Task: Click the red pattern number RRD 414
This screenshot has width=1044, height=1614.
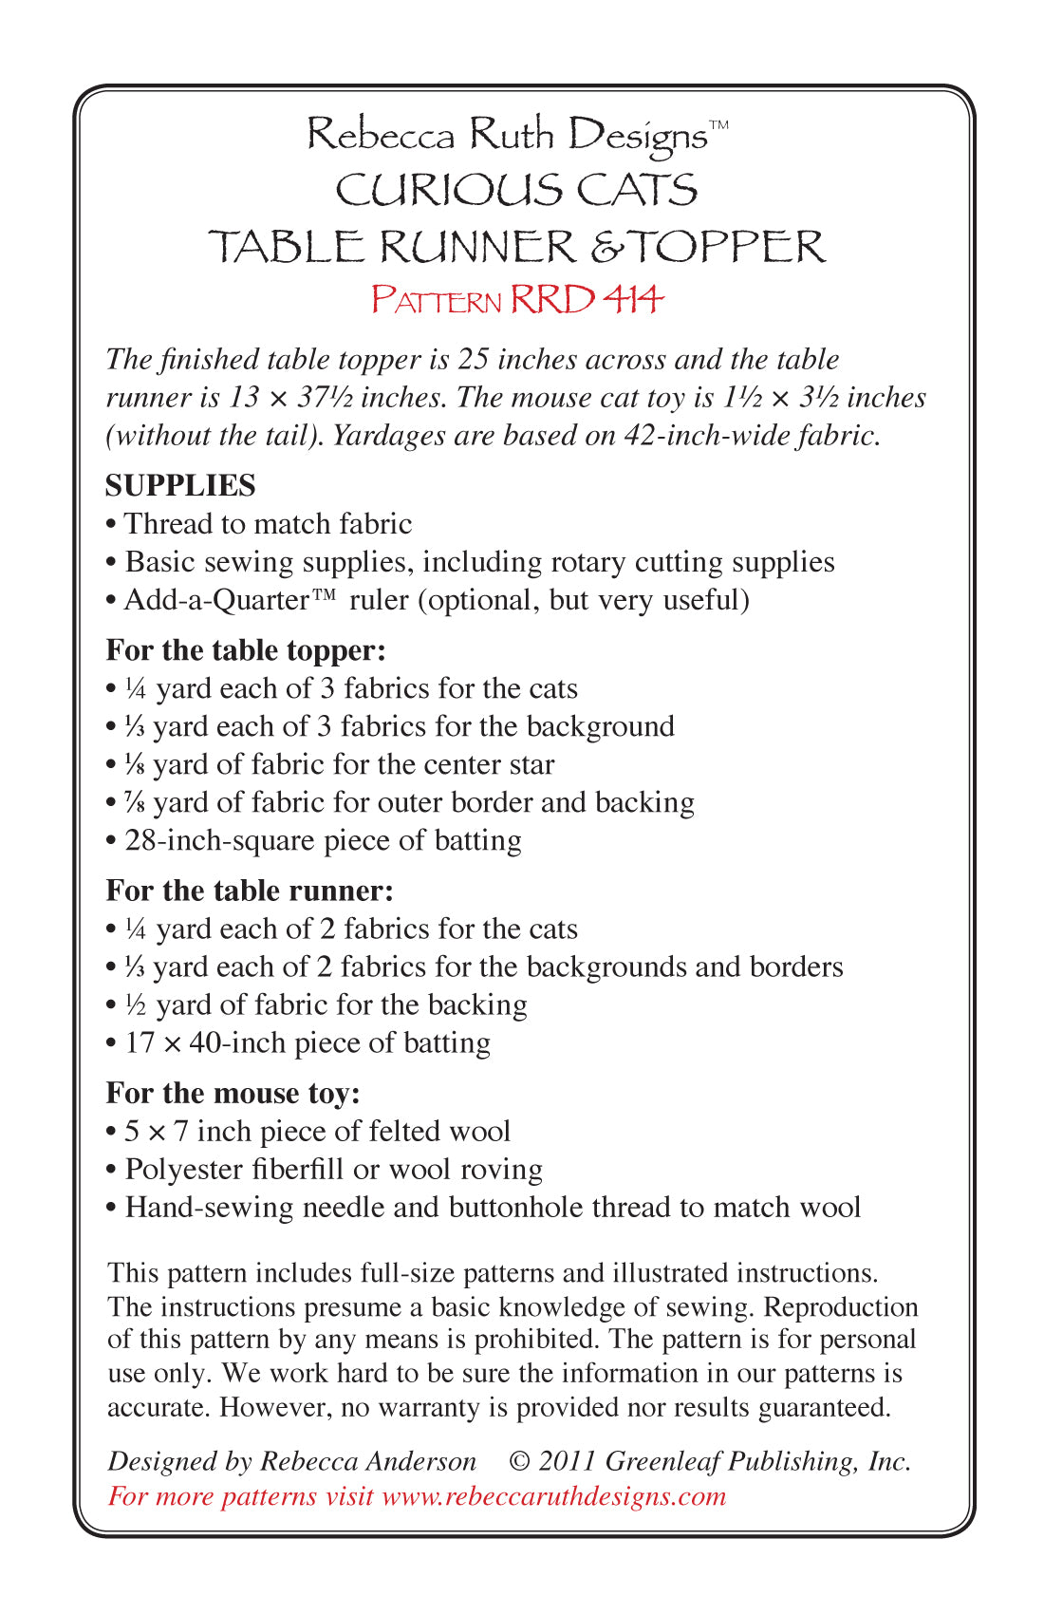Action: tap(586, 300)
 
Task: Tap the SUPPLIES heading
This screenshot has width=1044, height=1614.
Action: tap(180, 485)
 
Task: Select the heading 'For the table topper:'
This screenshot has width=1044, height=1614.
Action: tap(246, 650)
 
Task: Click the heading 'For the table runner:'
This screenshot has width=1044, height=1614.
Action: tap(250, 891)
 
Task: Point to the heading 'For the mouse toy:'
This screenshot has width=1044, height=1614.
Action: tap(233, 1093)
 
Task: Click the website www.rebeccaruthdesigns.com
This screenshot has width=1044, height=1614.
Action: tap(553, 1496)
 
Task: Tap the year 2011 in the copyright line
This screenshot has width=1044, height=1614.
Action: tap(567, 1461)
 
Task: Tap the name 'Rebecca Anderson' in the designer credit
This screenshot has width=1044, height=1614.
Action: tap(368, 1461)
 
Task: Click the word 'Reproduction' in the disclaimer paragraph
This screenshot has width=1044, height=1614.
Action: tap(841, 1307)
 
